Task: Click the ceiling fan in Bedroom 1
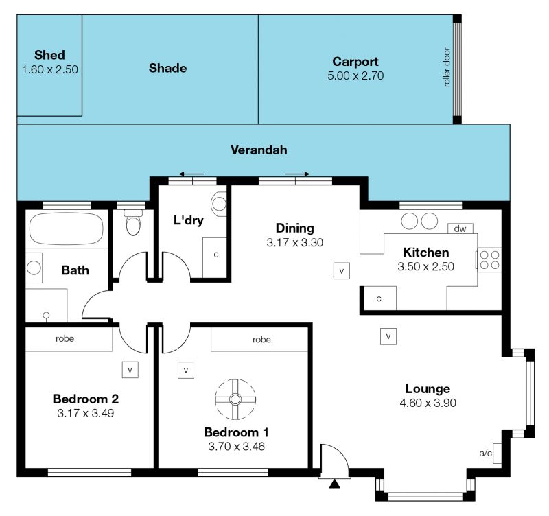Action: (x=235, y=399)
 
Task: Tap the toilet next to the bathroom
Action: (x=133, y=222)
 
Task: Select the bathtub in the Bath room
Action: (x=67, y=229)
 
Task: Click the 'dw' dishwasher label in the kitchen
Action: (x=460, y=228)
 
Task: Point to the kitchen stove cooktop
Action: (x=489, y=260)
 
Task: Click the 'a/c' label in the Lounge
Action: (x=485, y=454)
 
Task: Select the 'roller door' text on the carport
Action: (x=447, y=67)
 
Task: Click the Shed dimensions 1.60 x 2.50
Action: (x=50, y=69)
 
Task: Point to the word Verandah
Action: (x=259, y=150)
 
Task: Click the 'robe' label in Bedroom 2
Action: (x=65, y=338)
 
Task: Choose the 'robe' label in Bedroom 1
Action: (x=261, y=340)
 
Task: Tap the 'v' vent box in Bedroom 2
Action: (x=130, y=370)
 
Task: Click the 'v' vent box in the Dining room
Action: (x=341, y=271)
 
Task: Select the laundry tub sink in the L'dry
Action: (x=219, y=204)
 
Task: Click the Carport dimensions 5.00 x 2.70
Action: (x=355, y=75)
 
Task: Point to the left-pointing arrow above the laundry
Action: (x=191, y=174)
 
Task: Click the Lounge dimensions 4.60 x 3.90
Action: (x=428, y=403)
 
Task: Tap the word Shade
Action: (x=167, y=68)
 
